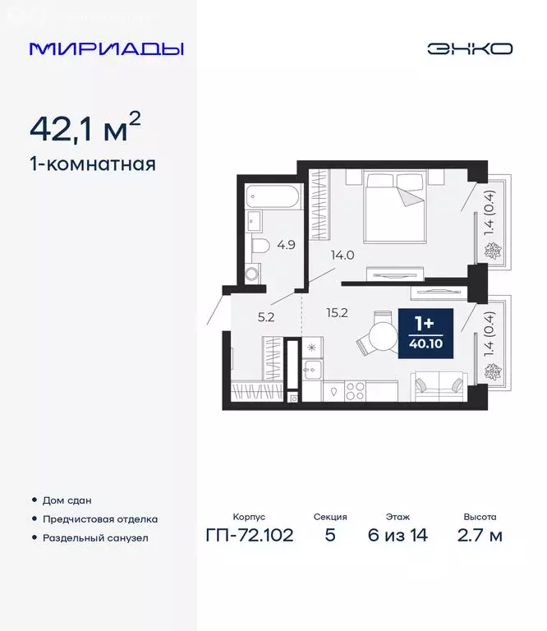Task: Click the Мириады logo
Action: [x=107, y=48]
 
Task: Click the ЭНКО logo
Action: [x=469, y=48]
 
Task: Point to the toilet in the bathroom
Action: [x=260, y=246]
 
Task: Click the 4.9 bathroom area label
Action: [x=286, y=244]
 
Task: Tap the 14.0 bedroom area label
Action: [x=342, y=255]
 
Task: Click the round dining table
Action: [x=382, y=336]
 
